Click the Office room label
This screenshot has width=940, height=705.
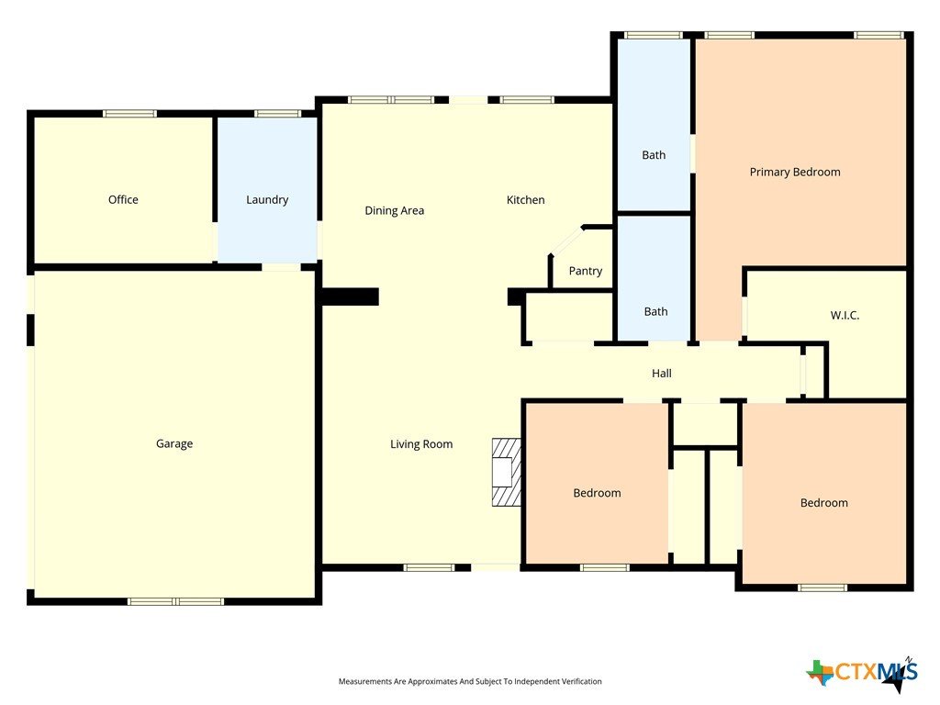123,199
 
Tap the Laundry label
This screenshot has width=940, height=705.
267,200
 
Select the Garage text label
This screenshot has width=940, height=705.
174,443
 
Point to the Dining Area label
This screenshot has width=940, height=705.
395,211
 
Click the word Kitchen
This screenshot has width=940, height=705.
526,200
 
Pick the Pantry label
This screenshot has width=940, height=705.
586,271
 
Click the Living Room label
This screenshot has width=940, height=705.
421,444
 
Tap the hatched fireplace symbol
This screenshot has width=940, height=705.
506,473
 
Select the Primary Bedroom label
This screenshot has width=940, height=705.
795,173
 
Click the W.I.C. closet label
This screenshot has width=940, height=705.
845,316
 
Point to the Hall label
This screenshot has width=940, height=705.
662,374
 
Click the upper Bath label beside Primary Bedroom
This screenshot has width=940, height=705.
654,155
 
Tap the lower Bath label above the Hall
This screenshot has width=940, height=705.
655,312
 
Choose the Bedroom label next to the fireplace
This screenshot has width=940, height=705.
597,493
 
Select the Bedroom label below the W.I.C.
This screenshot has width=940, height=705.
824,503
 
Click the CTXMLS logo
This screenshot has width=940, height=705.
862,673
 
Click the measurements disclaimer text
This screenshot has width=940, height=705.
470,682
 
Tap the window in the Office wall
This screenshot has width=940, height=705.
129,113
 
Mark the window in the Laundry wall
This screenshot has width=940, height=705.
277,113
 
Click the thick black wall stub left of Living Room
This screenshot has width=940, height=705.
350,297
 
